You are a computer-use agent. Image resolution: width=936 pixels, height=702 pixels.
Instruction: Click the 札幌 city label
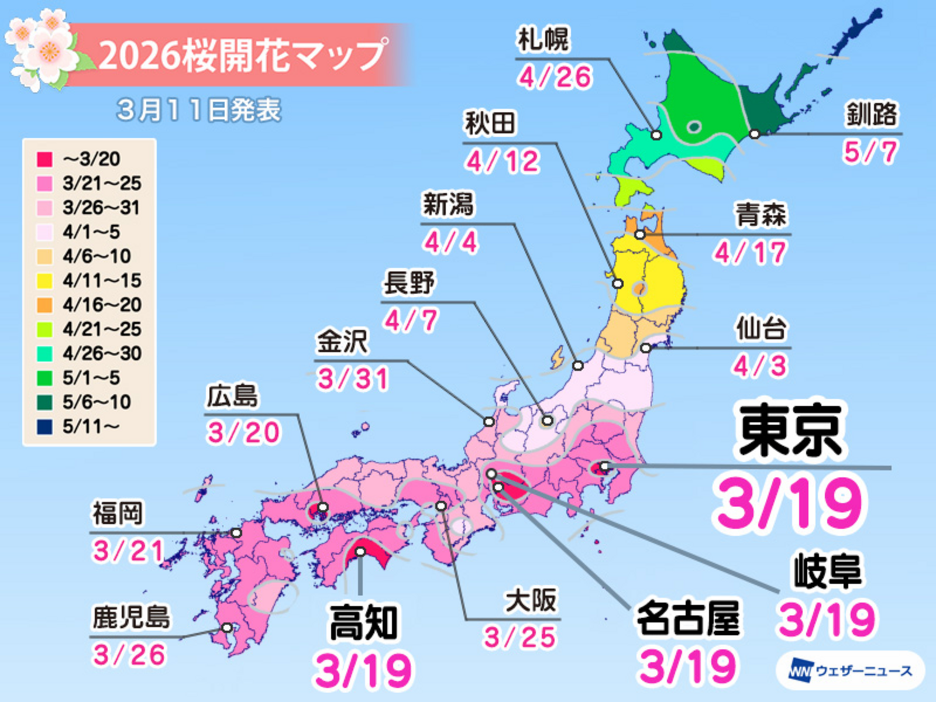[543, 40]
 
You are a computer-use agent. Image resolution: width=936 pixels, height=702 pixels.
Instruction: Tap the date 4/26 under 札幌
[555, 77]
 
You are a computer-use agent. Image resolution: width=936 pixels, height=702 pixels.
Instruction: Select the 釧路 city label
[871, 115]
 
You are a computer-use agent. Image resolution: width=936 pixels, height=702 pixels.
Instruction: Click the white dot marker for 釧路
[755, 134]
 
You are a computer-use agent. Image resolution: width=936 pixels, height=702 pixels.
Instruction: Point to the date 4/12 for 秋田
[502, 161]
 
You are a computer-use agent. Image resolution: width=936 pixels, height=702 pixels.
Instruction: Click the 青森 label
[760, 215]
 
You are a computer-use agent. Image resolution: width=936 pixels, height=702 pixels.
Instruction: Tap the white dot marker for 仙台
[646, 348]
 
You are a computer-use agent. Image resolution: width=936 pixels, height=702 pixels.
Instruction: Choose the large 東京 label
[791, 431]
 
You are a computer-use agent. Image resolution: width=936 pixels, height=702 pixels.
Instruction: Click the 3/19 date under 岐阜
[827, 620]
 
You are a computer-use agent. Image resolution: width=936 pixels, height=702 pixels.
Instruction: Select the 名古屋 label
[688, 618]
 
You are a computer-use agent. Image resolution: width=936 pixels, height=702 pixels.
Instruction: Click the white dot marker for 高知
[360, 552]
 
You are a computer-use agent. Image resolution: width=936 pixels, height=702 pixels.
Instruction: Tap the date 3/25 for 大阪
[519, 637]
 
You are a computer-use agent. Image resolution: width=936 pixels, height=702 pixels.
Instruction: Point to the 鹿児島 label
[131, 618]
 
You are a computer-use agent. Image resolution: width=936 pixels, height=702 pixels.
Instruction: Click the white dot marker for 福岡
[236, 533]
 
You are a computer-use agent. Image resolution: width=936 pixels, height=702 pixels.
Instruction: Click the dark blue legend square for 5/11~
[44, 426]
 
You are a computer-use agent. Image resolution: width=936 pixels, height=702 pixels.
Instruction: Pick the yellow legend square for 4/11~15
[44, 281]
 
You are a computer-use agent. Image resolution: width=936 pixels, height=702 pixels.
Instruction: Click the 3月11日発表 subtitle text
[199, 111]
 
